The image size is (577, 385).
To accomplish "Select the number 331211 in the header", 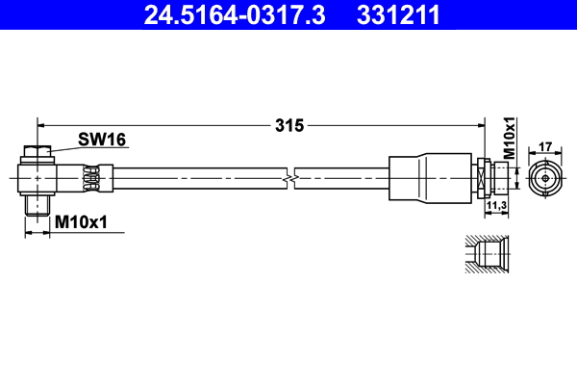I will [399, 14].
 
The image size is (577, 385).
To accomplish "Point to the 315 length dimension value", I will [289, 124].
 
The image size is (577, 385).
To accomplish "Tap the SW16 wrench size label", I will [103, 141].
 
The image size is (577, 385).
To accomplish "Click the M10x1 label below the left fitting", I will [81, 222].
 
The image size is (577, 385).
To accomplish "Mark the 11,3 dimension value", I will [496, 206].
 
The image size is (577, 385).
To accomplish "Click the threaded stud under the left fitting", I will [37, 204].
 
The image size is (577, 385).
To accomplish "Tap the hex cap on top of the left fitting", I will [37, 152].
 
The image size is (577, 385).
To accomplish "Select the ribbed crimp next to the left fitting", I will [92, 178].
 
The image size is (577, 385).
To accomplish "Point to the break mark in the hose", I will [289, 178].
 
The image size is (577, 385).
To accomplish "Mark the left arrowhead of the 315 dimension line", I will [41, 123].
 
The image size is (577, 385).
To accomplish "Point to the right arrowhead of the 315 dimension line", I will [478, 123].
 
